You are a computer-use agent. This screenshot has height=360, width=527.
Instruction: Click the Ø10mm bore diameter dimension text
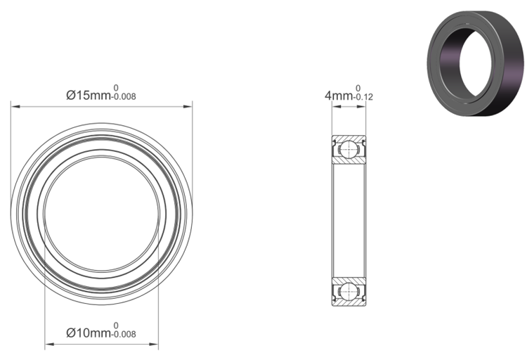click(x=89, y=332)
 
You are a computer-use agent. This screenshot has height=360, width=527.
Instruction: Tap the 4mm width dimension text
click(x=338, y=94)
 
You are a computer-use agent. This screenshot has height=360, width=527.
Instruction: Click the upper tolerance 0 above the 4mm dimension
click(x=358, y=88)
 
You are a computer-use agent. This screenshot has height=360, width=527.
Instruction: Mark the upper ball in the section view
click(x=349, y=148)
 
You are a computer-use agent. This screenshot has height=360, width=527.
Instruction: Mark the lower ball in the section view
click(x=349, y=290)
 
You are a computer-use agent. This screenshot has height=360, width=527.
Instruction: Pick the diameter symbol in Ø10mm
click(x=70, y=332)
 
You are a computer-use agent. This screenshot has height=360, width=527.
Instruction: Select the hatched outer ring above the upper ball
click(x=349, y=136)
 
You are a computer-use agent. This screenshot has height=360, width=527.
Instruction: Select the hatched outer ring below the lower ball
click(x=349, y=303)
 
